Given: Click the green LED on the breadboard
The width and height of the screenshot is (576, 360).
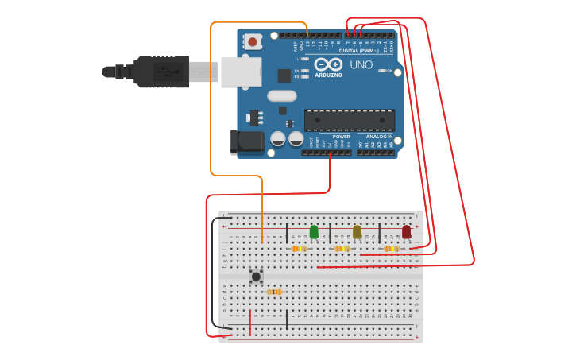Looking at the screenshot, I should click(x=314, y=231).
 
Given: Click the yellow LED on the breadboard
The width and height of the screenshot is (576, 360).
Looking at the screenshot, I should click(x=357, y=231).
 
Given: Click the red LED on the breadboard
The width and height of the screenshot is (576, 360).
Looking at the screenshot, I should click(x=406, y=231).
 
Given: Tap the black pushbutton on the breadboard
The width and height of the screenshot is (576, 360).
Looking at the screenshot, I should click(x=256, y=277).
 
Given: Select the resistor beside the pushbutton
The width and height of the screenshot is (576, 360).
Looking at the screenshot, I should click(x=274, y=292).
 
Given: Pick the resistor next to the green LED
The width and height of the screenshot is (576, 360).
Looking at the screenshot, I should click(x=299, y=249).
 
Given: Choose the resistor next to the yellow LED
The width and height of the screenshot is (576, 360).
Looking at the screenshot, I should click(x=342, y=249).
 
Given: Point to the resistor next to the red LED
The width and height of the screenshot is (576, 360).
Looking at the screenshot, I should click(x=390, y=249).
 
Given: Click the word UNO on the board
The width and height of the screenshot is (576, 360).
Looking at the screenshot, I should click(x=361, y=64).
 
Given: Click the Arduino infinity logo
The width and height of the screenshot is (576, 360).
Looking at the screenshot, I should click(x=328, y=64).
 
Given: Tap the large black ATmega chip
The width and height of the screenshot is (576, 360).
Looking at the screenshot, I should click(x=350, y=120).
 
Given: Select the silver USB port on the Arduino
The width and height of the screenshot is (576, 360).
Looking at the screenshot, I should click(x=241, y=72).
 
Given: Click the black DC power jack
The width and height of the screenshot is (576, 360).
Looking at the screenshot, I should click(x=247, y=141).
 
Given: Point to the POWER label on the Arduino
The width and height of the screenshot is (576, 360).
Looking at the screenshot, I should click(x=342, y=137).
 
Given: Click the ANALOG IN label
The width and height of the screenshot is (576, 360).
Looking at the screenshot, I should click(x=379, y=137).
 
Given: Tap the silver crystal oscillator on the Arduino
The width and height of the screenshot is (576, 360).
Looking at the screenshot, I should click(x=281, y=96).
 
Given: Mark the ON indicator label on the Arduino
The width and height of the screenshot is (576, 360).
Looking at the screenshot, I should click(x=389, y=71).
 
